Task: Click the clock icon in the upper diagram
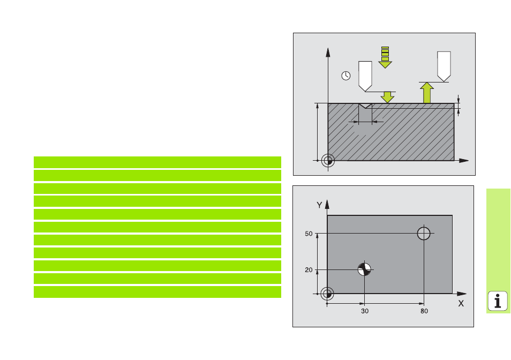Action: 346,76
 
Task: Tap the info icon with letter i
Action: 497,301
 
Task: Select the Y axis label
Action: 319,205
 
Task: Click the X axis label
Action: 461,304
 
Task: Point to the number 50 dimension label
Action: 309,234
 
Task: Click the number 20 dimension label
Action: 309,270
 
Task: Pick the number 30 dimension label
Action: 365,311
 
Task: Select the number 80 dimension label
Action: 424,311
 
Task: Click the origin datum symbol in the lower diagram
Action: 327,294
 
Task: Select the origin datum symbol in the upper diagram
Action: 328,161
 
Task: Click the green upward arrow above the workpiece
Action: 426,93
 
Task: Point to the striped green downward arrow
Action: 385,58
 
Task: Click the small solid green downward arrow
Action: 387,97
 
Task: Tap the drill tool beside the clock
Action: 365,76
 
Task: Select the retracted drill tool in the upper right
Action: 444,66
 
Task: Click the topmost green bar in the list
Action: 157,162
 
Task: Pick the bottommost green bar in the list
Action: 157,292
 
